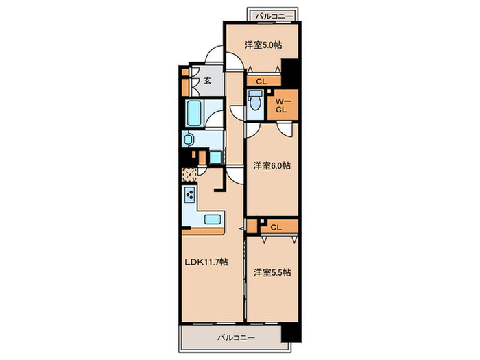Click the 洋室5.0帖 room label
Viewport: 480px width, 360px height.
click(263, 45)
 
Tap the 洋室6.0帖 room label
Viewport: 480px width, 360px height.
click(272, 166)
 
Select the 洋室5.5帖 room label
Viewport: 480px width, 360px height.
click(272, 272)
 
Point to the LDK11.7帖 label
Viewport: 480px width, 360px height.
click(206, 262)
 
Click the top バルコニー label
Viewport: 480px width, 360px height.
click(274, 16)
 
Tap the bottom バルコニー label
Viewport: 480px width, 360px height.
click(236, 338)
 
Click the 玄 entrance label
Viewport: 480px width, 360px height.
click(208, 81)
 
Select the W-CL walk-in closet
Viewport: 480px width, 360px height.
click(283, 105)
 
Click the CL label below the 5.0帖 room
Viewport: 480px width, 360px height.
click(261, 82)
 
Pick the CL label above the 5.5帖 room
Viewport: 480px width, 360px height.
click(276, 228)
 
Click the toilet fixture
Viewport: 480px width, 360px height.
click(254, 100)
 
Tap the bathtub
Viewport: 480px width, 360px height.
click(194, 113)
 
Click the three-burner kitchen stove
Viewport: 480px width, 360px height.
click(190, 194)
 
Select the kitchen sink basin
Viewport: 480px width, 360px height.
click(213, 219)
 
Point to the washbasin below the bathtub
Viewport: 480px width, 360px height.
click(188, 140)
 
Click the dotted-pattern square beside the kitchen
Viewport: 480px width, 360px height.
click(189, 175)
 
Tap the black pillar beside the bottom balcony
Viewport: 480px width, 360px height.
click(291, 333)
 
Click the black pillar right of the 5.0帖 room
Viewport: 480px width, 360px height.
click(291, 73)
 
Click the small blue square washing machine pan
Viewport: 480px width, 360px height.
click(215, 158)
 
